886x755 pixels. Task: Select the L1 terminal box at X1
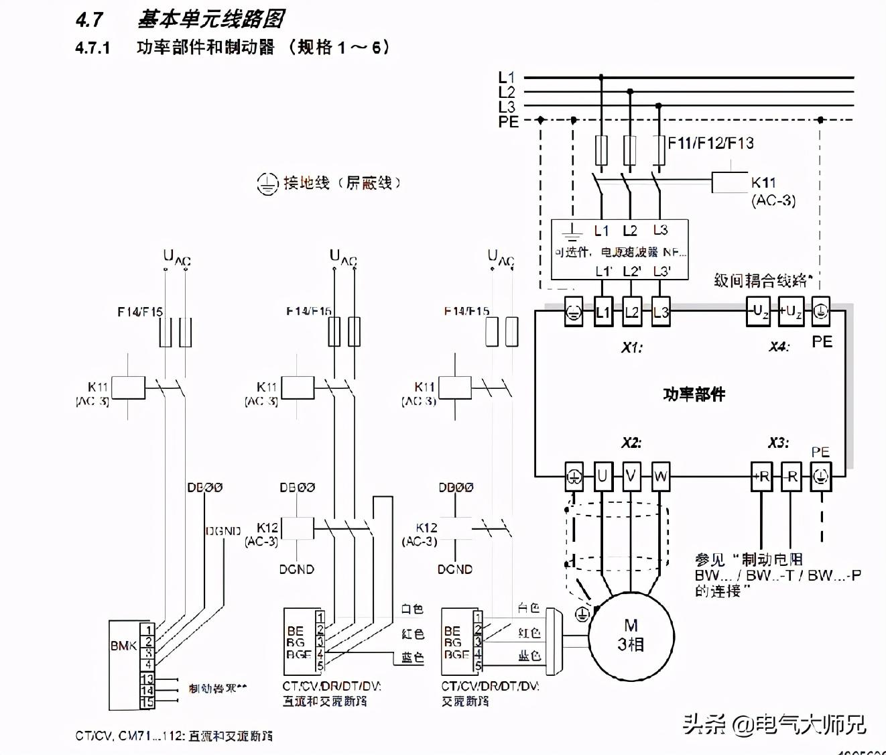(603, 312)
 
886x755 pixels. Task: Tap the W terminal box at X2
(660, 477)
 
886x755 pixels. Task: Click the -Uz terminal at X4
(759, 312)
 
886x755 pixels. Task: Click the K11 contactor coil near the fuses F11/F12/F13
(729, 182)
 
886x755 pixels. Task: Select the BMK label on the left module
(123, 646)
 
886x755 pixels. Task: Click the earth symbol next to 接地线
(267, 184)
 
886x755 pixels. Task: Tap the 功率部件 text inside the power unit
(694, 394)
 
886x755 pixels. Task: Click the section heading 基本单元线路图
(210, 19)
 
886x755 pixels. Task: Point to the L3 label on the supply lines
(507, 107)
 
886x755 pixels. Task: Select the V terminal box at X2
(631, 477)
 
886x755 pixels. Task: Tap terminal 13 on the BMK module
(147, 679)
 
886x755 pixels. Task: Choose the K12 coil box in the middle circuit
(298, 528)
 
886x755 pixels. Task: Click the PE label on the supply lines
(508, 121)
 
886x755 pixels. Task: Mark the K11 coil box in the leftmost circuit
(128, 388)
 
